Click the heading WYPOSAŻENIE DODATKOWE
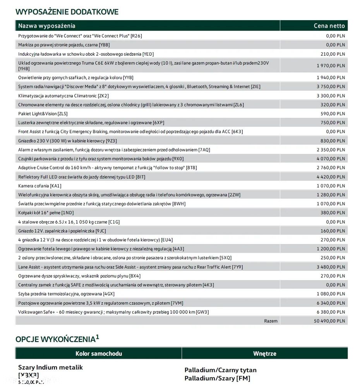(x=67, y=12)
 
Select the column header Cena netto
(x=329, y=26)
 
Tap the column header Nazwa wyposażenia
(x=47, y=26)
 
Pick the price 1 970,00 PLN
(x=331, y=66)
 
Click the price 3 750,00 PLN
(x=331, y=87)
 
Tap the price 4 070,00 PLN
(x=331, y=158)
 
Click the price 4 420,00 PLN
(x=331, y=177)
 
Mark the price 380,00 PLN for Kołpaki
(x=333, y=213)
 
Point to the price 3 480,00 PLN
(x=331, y=267)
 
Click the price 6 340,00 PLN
(x=331, y=303)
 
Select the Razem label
(x=271, y=321)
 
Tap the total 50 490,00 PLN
(x=329, y=321)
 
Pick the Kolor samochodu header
(x=99, y=353)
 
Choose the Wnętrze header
(x=264, y=353)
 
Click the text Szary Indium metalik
(x=50, y=367)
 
